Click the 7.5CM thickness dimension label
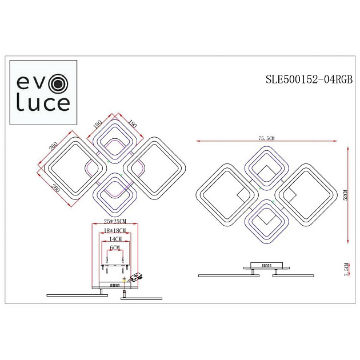(346, 270)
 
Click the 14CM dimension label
(115, 239)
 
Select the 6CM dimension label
(115, 247)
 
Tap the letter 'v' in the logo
(42, 84)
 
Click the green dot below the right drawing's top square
(261, 188)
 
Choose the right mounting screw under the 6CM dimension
(124, 262)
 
